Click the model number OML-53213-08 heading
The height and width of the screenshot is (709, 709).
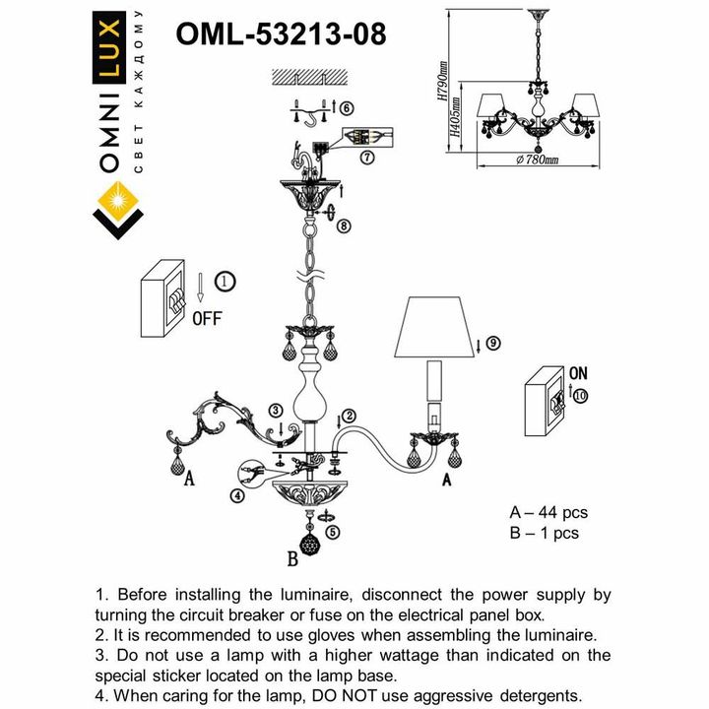(280, 33)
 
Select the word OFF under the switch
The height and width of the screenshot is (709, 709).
(206, 318)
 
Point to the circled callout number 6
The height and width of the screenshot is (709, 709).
(348, 108)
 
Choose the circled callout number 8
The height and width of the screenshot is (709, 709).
(342, 226)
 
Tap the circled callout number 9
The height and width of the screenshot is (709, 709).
(492, 343)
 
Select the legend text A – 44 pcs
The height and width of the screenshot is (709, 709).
(548, 513)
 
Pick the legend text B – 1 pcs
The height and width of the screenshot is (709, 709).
(544, 534)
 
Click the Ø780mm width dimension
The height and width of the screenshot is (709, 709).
(537, 160)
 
